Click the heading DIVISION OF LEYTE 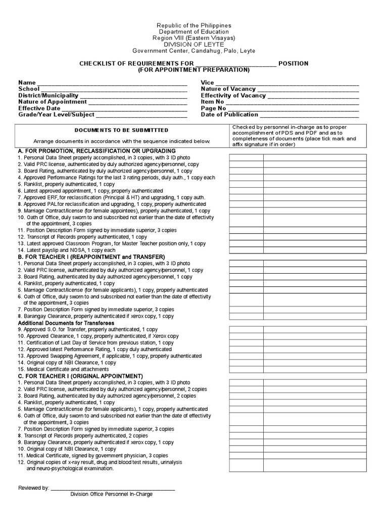click(193, 45)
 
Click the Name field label click(27, 82)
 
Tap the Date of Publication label click(229, 115)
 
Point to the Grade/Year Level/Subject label click(57, 115)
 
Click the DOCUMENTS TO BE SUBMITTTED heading click(121, 130)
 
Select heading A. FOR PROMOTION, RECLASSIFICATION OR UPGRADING click(96, 151)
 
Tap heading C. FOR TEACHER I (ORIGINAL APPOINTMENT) click(80, 376)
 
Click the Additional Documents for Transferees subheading click(66, 323)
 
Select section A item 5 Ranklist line click(66, 184)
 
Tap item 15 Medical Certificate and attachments click(65, 369)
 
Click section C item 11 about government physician click(92, 455)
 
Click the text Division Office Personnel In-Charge click(111, 494)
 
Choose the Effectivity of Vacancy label click(233, 96)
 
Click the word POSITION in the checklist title click(293, 63)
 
